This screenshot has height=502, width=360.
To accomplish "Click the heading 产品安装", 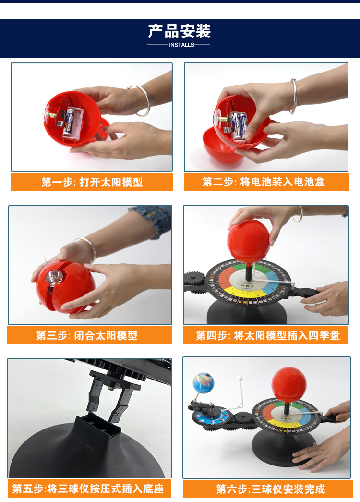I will click(179, 32).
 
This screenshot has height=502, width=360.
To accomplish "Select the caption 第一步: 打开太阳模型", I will click(92, 183).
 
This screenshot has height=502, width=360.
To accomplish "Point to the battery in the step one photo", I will click(71, 122).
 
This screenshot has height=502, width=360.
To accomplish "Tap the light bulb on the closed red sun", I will click(52, 277).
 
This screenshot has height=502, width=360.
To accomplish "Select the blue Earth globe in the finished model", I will click(203, 382).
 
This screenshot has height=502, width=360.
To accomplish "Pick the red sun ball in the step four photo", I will click(248, 241).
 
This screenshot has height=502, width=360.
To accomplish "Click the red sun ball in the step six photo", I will click(289, 384).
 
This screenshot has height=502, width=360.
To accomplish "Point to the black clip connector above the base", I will click(111, 392).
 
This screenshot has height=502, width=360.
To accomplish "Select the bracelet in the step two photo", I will click(293, 96).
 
